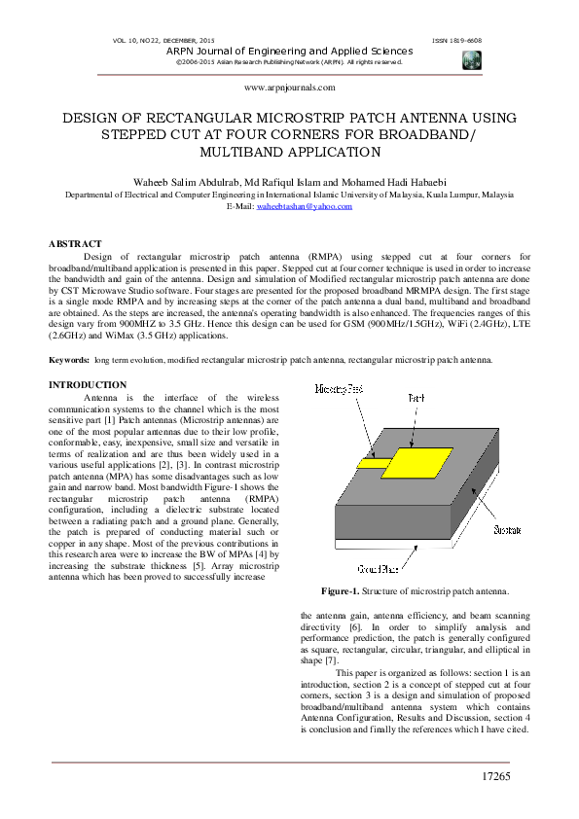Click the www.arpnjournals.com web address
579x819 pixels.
click(289, 87)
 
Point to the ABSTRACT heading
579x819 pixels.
click(75, 242)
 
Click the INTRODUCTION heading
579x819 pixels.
click(88, 386)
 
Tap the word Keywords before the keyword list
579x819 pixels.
click(69, 360)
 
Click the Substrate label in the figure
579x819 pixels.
click(506, 530)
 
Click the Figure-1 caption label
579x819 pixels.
click(341, 591)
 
